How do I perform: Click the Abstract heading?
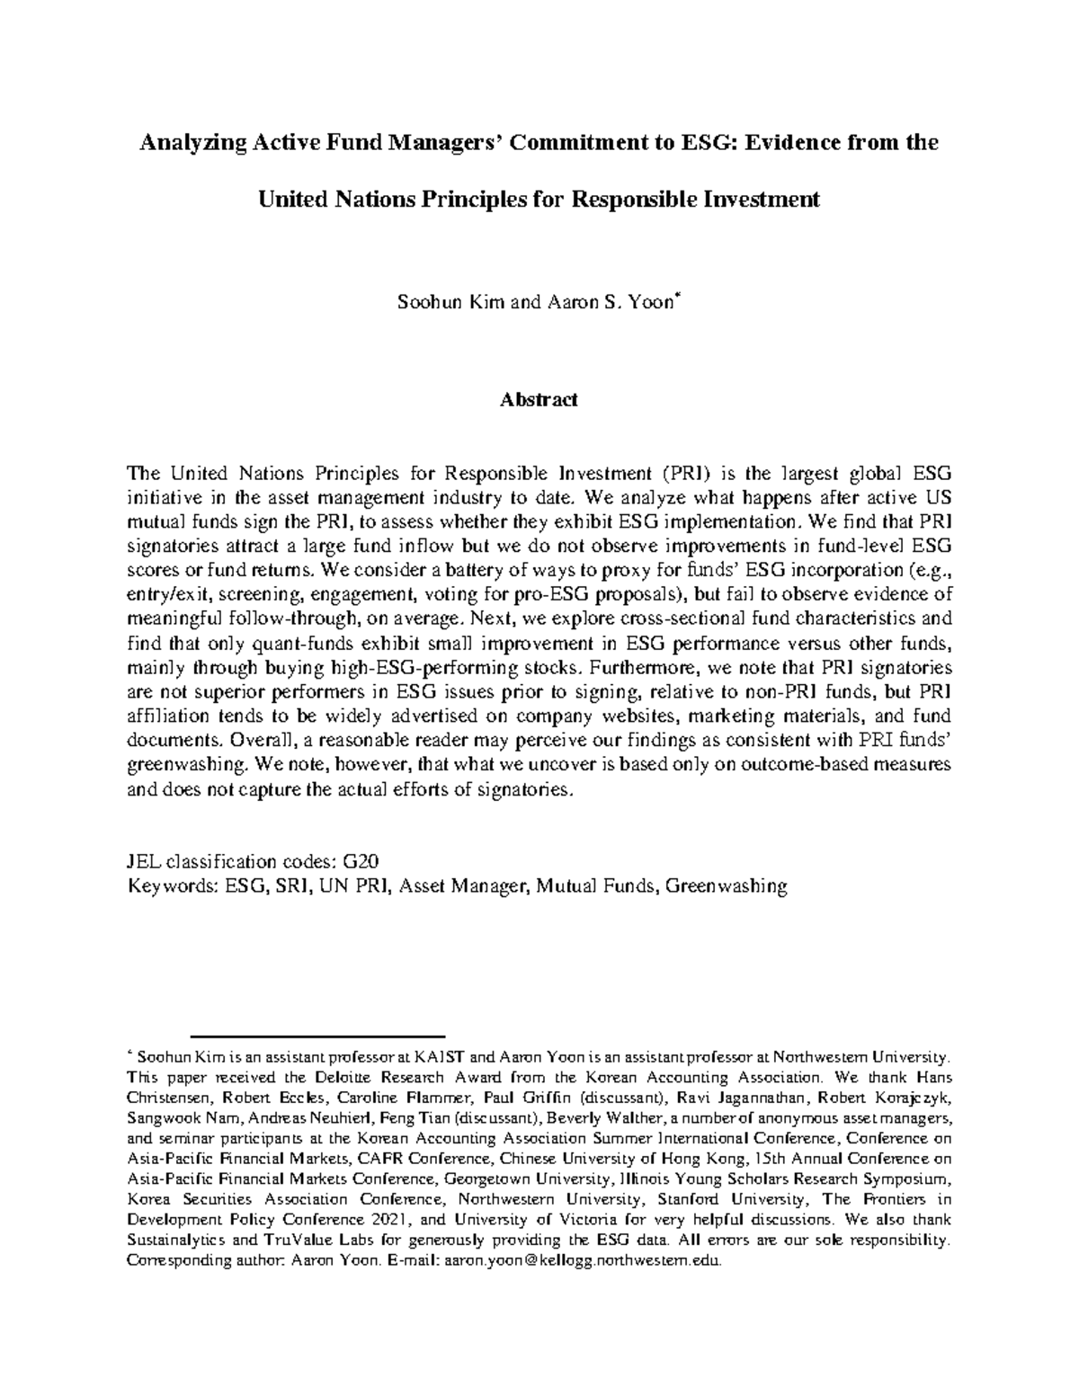[x=538, y=400]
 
